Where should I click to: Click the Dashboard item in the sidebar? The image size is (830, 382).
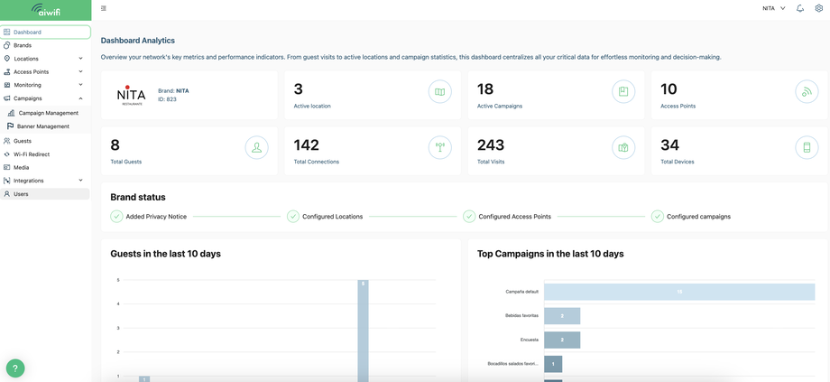pyautogui.click(x=27, y=32)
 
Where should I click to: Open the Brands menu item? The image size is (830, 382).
pyautogui.click(x=23, y=45)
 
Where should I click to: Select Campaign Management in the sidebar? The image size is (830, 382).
pyautogui.click(x=48, y=113)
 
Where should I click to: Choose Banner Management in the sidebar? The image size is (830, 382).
pyautogui.click(x=43, y=126)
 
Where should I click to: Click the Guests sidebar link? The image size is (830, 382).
pyautogui.click(x=23, y=141)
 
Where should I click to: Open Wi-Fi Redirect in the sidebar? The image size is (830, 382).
pyautogui.click(x=32, y=154)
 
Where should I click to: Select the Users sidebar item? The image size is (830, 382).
pyautogui.click(x=21, y=194)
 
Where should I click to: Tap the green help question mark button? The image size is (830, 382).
pyautogui.click(x=15, y=368)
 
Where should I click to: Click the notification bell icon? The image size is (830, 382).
pyautogui.click(x=800, y=8)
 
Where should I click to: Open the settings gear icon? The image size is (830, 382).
pyautogui.click(x=819, y=8)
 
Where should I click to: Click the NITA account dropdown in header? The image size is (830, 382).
pyautogui.click(x=773, y=8)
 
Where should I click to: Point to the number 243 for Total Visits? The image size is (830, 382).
pyautogui.click(x=491, y=144)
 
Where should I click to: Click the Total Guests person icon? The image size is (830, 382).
pyautogui.click(x=256, y=147)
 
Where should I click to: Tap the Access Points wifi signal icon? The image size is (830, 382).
pyautogui.click(x=807, y=91)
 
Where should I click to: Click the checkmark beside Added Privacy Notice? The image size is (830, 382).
pyautogui.click(x=116, y=217)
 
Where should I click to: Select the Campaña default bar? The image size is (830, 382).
pyautogui.click(x=678, y=292)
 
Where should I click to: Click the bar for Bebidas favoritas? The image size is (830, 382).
pyautogui.click(x=562, y=316)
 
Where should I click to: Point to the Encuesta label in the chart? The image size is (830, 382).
pyautogui.click(x=529, y=340)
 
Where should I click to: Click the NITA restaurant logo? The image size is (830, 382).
pyautogui.click(x=131, y=95)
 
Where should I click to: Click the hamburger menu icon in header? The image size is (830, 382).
pyautogui.click(x=104, y=8)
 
